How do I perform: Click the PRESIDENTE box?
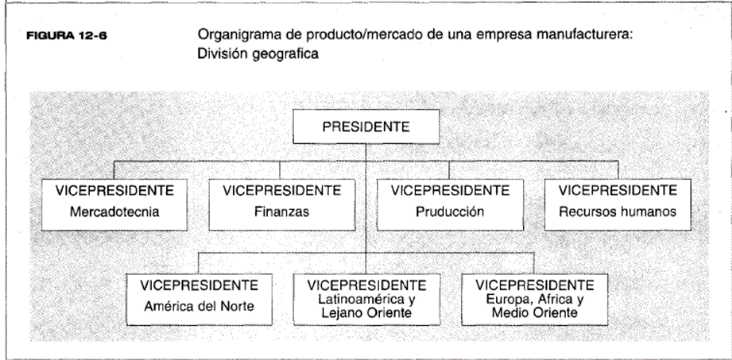tap(366, 126)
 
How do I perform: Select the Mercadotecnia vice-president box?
tap(114, 204)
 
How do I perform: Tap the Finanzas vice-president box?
tap(281, 204)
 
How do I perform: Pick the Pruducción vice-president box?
tap(450, 204)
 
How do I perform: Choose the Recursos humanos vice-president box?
tap(618, 204)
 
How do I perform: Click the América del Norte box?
tap(199, 300)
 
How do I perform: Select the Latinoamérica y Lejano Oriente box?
tap(366, 300)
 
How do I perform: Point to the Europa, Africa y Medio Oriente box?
tap(535, 300)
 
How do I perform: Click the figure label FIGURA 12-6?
tap(67, 36)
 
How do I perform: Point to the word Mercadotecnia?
tap(114, 212)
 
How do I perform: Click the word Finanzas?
tap(281, 212)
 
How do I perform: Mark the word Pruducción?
tap(450, 212)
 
